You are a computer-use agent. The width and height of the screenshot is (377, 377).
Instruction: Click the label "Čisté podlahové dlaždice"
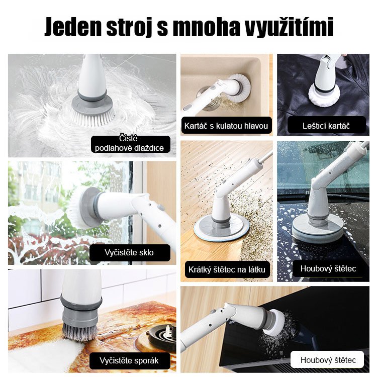pos(130,143)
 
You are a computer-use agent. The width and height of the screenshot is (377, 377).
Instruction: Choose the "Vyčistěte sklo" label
pos(130,252)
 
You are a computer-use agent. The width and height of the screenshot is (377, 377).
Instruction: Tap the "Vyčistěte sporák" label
pos(130,361)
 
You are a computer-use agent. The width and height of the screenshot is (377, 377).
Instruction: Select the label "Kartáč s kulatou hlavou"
pos(226,126)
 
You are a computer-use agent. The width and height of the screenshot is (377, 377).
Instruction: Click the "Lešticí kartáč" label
pos(327,125)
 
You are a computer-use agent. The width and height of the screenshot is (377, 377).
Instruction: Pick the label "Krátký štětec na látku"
pos(228,269)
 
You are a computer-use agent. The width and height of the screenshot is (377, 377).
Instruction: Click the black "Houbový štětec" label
pos(328,268)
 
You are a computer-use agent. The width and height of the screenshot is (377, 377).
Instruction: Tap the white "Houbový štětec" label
pos(328,360)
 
